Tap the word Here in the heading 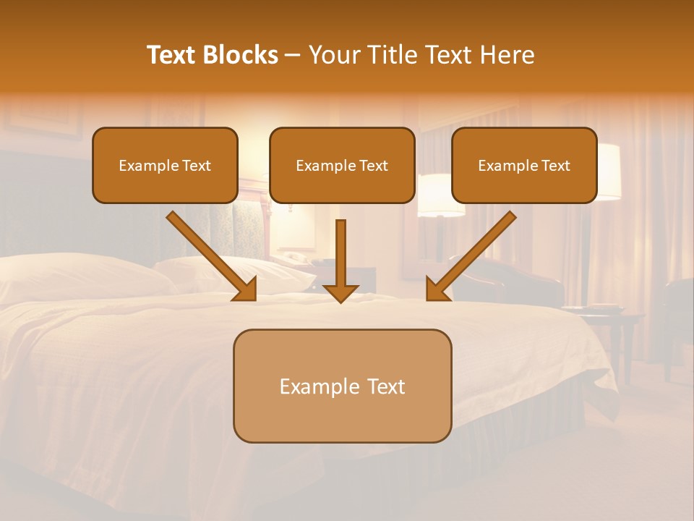506,55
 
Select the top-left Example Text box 165,166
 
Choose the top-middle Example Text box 342,166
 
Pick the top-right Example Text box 524,166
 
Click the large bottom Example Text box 342,386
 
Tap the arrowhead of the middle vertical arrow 340,292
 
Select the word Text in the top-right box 555,166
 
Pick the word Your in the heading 333,55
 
